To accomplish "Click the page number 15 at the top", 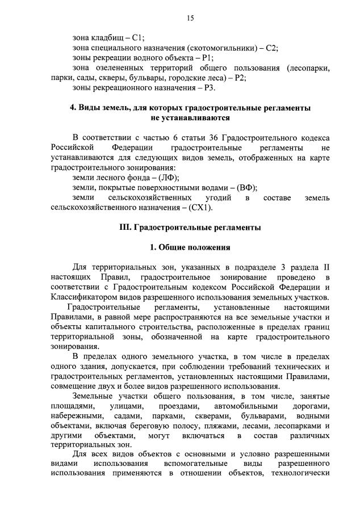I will tap(190, 18).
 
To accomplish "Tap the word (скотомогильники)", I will tap(222, 48).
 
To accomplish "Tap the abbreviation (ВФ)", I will tap(246, 187).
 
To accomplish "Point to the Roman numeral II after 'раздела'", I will tap(325, 267).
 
